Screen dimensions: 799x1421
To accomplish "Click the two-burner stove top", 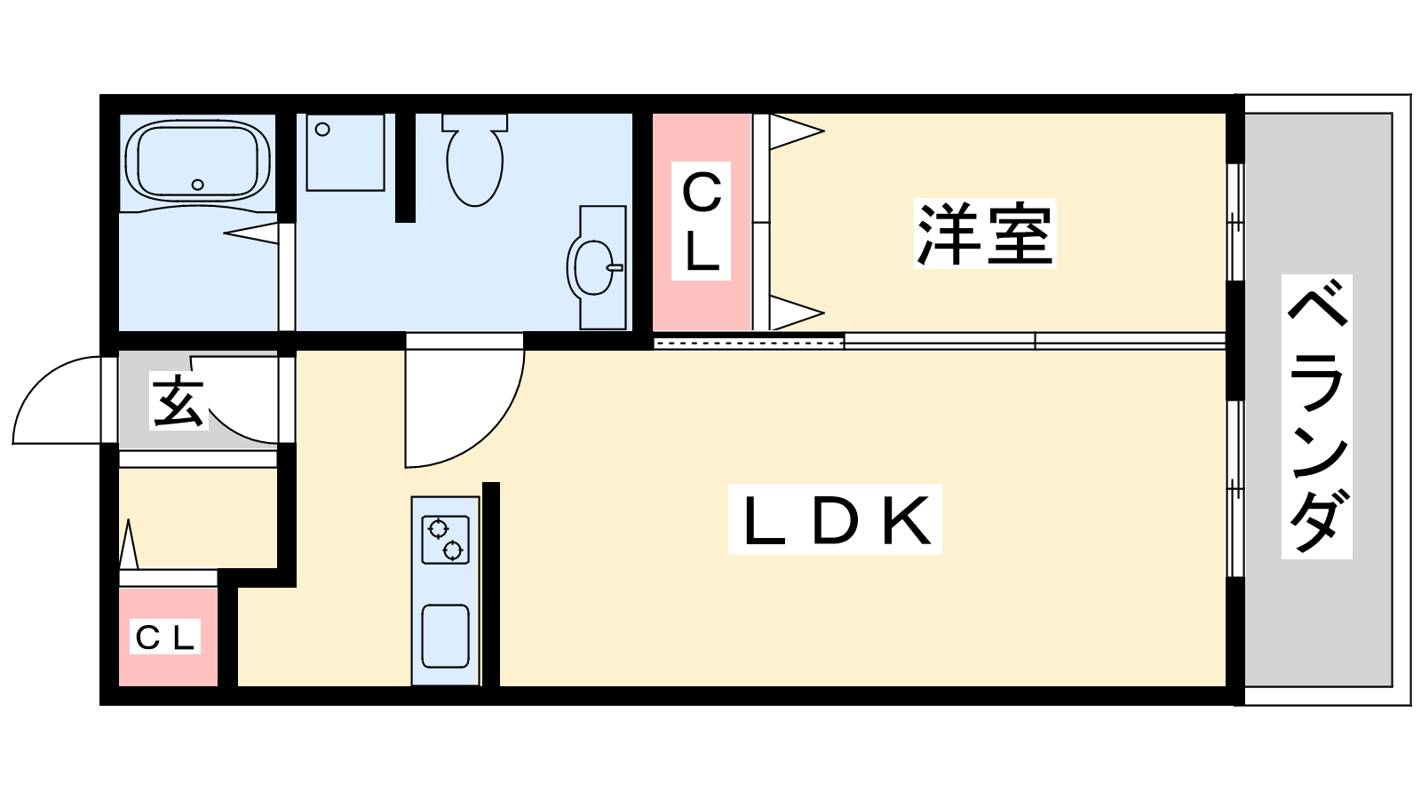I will pyautogui.click(x=445, y=539).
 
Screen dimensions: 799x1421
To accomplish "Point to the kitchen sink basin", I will pyautogui.click(x=445, y=636).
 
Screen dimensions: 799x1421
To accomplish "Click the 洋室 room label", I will pyautogui.click(x=985, y=234).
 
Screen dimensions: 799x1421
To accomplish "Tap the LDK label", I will pyautogui.click(x=835, y=521).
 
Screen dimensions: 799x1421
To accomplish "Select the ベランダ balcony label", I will pyautogui.click(x=1317, y=416).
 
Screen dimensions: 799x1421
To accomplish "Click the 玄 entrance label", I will pyautogui.click(x=179, y=402).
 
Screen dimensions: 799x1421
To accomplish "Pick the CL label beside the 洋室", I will pyautogui.click(x=702, y=221).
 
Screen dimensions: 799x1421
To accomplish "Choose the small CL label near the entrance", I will pyautogui.click(x=165, y=637).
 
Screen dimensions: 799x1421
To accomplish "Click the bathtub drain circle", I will pyautogui.click(x=197, y=185).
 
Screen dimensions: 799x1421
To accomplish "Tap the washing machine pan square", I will pyautogui.click(x=345, y=152).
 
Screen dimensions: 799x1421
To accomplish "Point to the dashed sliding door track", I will pyautogui.click(x=748, y=342).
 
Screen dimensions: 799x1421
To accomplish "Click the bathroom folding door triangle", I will pyautogui.click(x=252, y=233).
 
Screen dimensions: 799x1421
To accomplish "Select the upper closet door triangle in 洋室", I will pyautogui.click(x=795, y=132).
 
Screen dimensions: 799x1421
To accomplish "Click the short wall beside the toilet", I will pyautogui.click(x=405, y=167).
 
